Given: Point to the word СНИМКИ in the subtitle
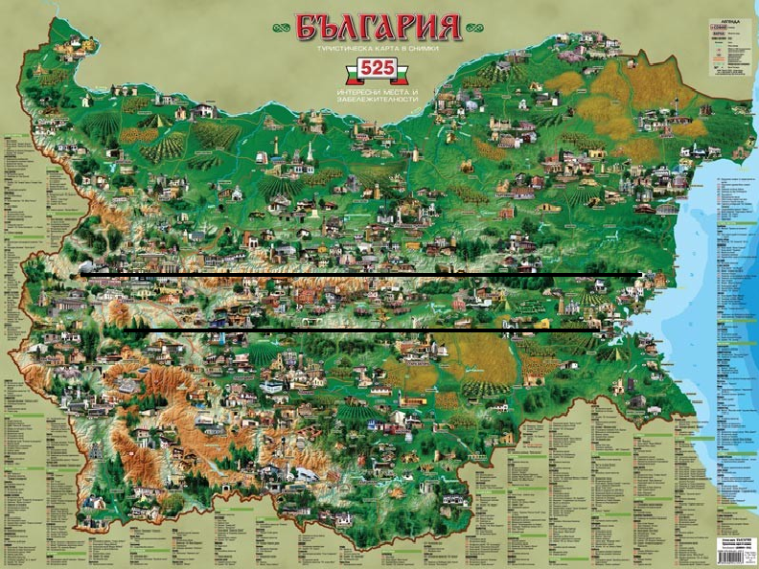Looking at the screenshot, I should (429, 48).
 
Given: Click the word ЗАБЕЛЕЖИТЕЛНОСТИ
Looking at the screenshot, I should (377, 99).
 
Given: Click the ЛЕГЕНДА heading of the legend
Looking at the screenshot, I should (730, 20).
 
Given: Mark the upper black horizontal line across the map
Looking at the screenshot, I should (364, 276).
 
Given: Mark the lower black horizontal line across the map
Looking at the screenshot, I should (364, 331).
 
